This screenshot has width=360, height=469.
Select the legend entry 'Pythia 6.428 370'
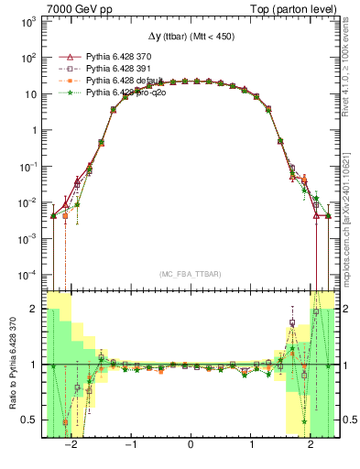pos(115,56)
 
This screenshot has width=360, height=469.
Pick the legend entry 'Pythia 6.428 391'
pos(115,68)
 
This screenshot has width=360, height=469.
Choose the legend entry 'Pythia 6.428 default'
pos(119,80)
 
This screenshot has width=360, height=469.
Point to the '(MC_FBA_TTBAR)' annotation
pos(190,275)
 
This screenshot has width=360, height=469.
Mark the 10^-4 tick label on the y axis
pos(29,274)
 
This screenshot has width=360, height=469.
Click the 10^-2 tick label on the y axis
pos(29,202)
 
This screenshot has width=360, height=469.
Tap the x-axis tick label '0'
pos(190,444)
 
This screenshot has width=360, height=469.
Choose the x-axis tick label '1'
pos(250,444)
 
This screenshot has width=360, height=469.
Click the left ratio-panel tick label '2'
pos(35,310)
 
